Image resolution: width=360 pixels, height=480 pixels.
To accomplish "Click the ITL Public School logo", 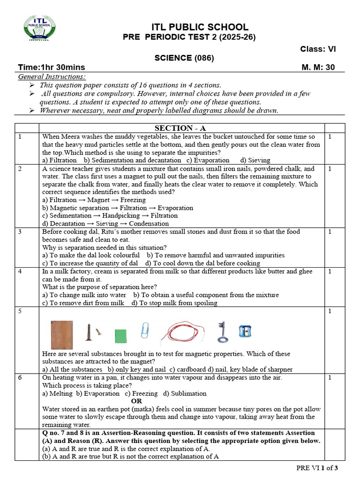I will coord(39,28).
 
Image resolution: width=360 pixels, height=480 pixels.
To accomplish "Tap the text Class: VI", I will coord(317,49).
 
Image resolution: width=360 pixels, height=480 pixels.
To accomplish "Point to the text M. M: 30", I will coord(318,67).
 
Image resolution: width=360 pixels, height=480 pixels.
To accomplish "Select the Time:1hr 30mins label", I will coord(52,67).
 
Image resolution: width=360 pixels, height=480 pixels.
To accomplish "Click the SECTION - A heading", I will coord(180,128).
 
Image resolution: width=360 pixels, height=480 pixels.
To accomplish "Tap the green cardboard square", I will coord(121,336).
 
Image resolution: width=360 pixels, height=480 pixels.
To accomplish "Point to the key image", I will coord(222,331).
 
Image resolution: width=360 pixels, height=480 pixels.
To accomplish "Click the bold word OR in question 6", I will coord(136,401).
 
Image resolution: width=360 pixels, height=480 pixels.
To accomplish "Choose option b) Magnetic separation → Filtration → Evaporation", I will coord(117,208).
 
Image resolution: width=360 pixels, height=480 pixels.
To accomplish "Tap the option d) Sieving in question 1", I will coord(255,160).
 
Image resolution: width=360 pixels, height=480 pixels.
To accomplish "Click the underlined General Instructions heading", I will coord(52,76).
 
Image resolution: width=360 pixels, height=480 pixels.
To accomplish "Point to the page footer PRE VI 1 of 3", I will coord(317,468).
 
